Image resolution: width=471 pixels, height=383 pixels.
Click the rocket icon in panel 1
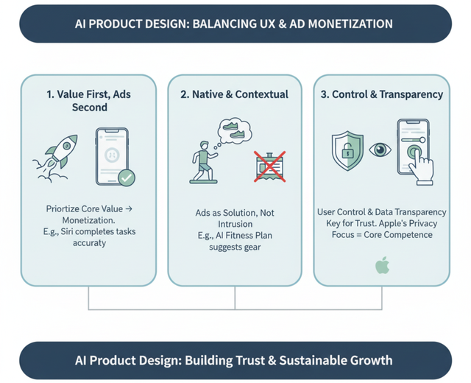[x=55, y=158]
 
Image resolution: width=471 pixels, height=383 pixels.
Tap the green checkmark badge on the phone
[x=127, y=178]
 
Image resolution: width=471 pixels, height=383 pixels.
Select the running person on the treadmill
[x=204, y=162]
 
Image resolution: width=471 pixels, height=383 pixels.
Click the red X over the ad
[x=269, y=166]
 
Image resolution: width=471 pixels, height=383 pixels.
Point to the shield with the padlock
[x=347, y=150]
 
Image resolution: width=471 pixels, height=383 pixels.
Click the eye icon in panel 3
[x=380, y=150]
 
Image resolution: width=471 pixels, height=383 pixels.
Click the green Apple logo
[x=383, y=265]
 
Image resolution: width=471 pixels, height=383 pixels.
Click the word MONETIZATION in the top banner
[x=350, y=24]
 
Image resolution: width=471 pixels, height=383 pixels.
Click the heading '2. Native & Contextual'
[x=234, y=94]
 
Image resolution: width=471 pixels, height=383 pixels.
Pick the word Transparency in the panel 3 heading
[x=411, y=94]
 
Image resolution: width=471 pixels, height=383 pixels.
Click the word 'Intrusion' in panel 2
[x=235, y=224]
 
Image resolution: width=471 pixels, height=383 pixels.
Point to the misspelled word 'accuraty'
[x=90, y=243]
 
